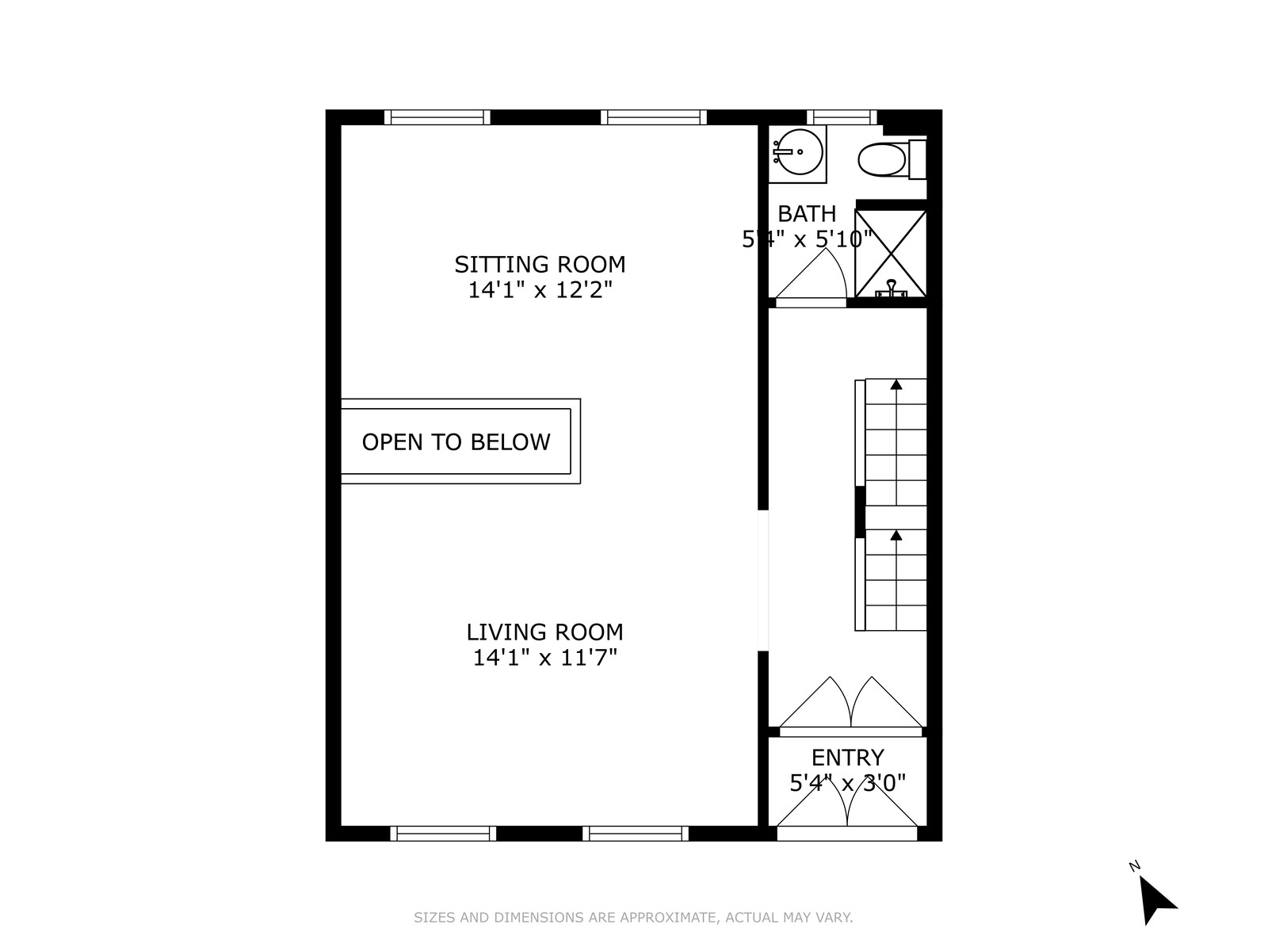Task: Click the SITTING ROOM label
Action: [x=539, y=264]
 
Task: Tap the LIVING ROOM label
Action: [x=544, y=632]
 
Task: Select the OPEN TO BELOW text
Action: [x=456, y=441]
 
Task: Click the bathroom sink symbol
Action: [x=798, y=152]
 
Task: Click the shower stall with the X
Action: [x=891, y=254]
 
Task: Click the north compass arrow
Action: [x=1156, y=900]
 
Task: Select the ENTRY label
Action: [x=847, y=758]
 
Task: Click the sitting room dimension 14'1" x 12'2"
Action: [x=540, y=290]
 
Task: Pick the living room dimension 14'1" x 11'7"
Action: [x=544, y=658]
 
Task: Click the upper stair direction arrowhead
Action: [x=896, y=385]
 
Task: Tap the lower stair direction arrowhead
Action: [x=896, y=537]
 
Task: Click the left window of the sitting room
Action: [x=437, y=117]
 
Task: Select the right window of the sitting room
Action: [x=653, y=117]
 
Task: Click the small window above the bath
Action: [x=842, y=117]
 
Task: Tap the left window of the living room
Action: [x=442, y=833]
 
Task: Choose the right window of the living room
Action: [x=635, y=833]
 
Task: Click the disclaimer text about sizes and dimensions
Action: [x=633, y=918]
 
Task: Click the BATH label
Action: [x=807, y=214]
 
